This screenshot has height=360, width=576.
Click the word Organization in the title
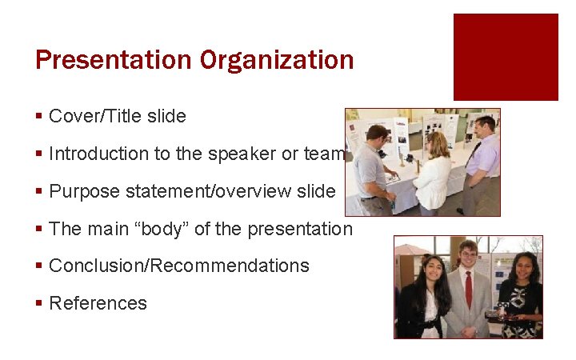point(277,60)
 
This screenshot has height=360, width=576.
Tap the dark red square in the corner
point(506,57)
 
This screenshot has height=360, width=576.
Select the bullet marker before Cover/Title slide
point(39,117)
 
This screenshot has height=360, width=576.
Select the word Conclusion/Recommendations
point(179,266)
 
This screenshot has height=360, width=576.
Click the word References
point(98,303)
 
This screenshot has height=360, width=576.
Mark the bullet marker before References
point(39,304)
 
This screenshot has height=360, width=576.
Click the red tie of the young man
point(469,290)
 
